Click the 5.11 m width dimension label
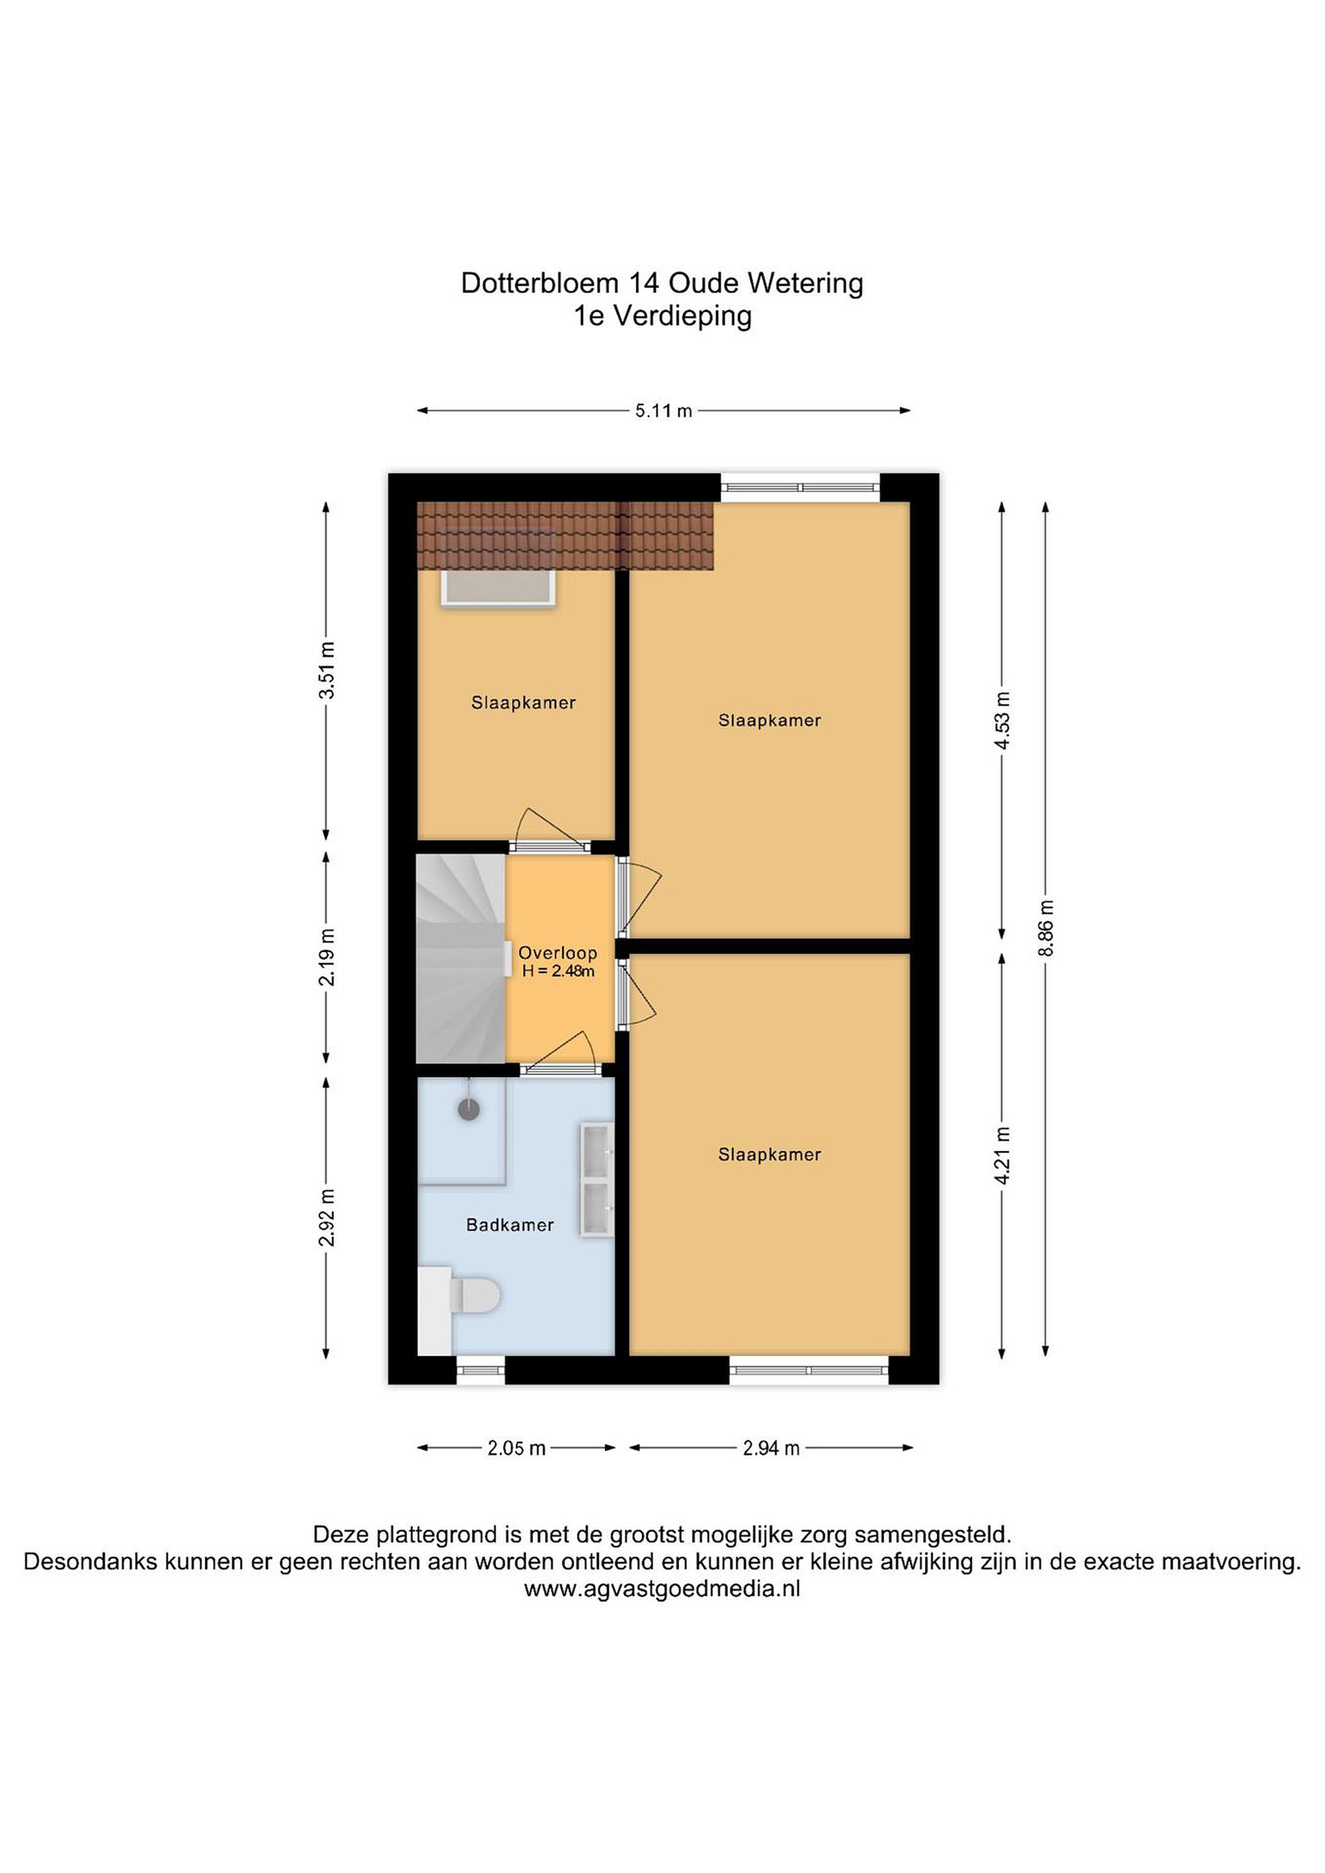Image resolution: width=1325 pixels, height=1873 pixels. (663, 411)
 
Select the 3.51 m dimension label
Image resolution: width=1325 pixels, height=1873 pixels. (327, 671)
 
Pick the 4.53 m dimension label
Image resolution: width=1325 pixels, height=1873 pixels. (1003, 721)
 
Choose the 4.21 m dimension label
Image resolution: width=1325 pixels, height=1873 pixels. (1003, 1155)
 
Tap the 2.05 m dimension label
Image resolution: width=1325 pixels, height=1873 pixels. (516, 1448)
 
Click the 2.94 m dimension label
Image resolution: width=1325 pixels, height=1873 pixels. (771, 1448)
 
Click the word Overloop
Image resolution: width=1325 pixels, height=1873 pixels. (558, 952)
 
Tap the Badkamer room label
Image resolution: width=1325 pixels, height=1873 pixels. (510, 1225)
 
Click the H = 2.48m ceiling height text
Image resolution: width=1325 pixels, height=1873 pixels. (558, 971)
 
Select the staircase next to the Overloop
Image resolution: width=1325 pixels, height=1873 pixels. (461, 959)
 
